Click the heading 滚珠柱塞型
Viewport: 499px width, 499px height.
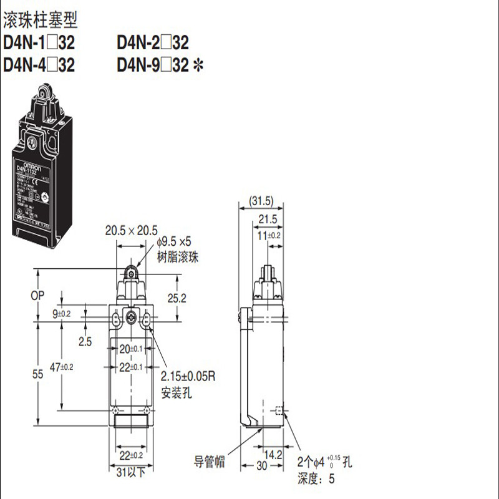pyautogui.click(x=41, y=22)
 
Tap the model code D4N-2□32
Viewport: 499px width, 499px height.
pyautogui.click(x=153, y=43)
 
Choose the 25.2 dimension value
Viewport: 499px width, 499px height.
pyautogui.click(x=178, y=298)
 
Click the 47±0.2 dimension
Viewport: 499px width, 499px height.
pyautogui.click(x=62, y=367)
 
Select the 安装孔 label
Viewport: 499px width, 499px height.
pyautogui.click(x=175, y=393)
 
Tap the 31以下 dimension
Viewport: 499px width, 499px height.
pyautogui.click(x=132, y=472)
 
